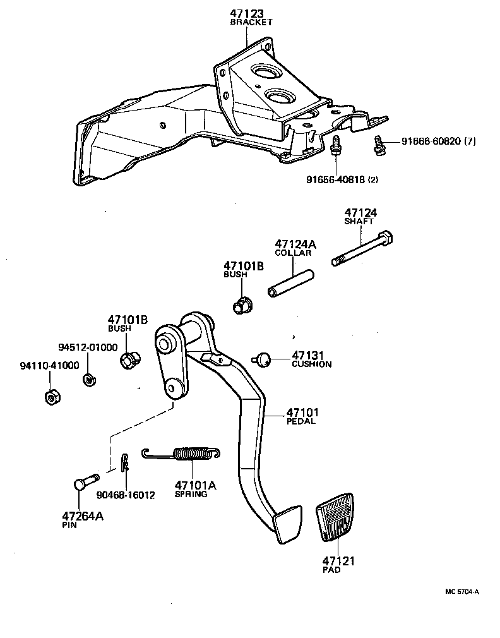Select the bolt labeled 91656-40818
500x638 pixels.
pos(336,147)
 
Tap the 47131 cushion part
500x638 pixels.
pos(263,359)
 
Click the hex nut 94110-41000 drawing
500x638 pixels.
pos(51,397)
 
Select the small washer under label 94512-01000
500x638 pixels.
pos(88,380)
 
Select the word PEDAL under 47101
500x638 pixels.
pos(301,421)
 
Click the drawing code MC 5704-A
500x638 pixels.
pos(462,591)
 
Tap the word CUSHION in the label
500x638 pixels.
pos(311,364)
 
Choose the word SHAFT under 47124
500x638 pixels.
pos(359,222)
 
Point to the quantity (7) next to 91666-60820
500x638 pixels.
pos(470,141)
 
